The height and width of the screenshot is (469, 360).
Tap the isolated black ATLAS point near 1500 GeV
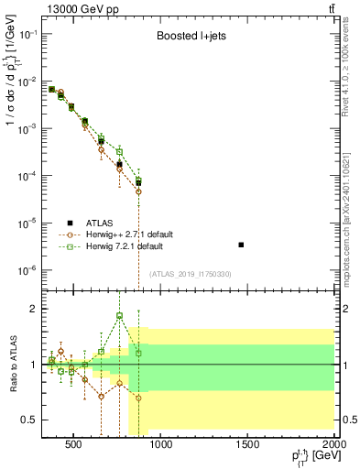[240, 245]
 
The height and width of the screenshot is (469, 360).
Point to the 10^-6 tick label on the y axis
[27, 270]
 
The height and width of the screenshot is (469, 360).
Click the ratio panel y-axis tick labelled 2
[32, 309]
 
